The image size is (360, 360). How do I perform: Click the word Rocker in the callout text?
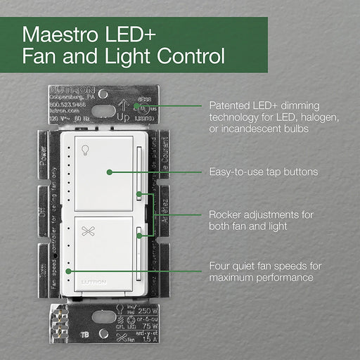[x=226, y=214]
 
